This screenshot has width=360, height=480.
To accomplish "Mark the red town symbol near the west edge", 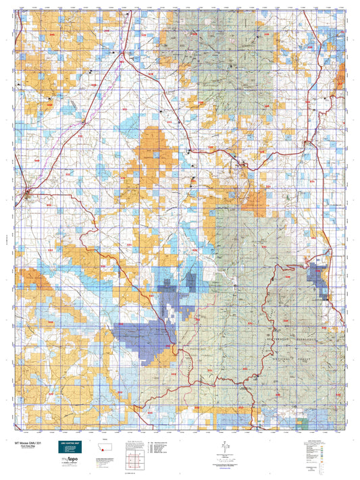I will coord(27,196).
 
